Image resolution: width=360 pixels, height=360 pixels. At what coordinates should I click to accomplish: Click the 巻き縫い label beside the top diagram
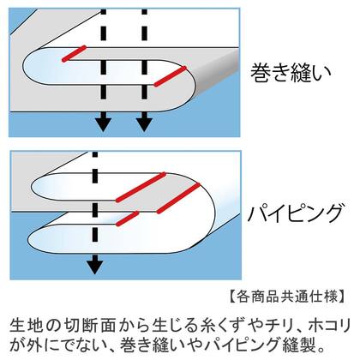[x=291, y=73]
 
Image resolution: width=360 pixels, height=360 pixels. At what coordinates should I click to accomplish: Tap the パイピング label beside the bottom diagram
[x=295, y=213]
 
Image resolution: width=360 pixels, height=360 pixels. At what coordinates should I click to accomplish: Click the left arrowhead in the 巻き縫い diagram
[x=103, y=122]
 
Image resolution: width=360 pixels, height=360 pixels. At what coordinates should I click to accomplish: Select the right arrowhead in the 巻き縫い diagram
[x=144, y=122]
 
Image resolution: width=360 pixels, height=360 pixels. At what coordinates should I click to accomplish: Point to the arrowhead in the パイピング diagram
[x=95, y=264]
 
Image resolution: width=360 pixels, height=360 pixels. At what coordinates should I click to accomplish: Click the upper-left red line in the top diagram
[x=74, y=53]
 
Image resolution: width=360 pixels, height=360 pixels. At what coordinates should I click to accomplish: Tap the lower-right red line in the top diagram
[x=171, y=76]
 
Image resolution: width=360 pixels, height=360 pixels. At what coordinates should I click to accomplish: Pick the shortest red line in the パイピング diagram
[x=127, y=219]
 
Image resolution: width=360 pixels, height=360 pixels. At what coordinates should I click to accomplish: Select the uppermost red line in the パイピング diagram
[x=141, y=187]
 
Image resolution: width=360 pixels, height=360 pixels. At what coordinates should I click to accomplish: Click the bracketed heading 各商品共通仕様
[x=287, y=297]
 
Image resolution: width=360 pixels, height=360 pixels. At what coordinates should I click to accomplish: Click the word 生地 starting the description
[x=27, y=326]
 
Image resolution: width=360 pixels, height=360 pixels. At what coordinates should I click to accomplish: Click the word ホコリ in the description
[x=327, y=326]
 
